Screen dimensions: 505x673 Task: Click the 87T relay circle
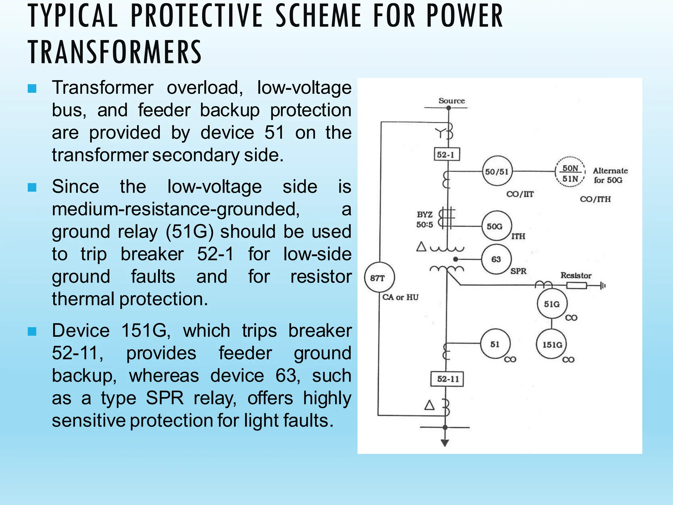(x=380, y=277)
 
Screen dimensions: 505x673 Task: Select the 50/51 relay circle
(x=497, y=171)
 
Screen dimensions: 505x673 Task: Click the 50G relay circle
(x=496, y=226)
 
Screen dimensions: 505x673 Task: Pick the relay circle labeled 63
(x=496, y=259)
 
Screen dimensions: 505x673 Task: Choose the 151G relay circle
(x=552, y=344)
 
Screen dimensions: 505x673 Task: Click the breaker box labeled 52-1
(x=446, y=154)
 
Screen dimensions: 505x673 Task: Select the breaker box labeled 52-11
(x=447, y=379)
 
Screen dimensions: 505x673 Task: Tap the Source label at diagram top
(x=452, y=101)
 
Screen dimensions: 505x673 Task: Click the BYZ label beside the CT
(x=425, y=214)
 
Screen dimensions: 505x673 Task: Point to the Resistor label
(x=576, y=275)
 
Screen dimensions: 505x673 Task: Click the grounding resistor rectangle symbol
(x=577, y=285)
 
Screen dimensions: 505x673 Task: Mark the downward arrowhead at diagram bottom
(x=445, y=443)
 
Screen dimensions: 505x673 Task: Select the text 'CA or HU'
(x=400, y=297)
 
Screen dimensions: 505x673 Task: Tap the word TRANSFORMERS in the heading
(x=115, y=52)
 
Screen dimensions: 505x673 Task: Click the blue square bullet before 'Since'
(x=32, y=187)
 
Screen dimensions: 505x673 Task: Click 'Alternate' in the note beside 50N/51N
(x=610, y=171)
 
